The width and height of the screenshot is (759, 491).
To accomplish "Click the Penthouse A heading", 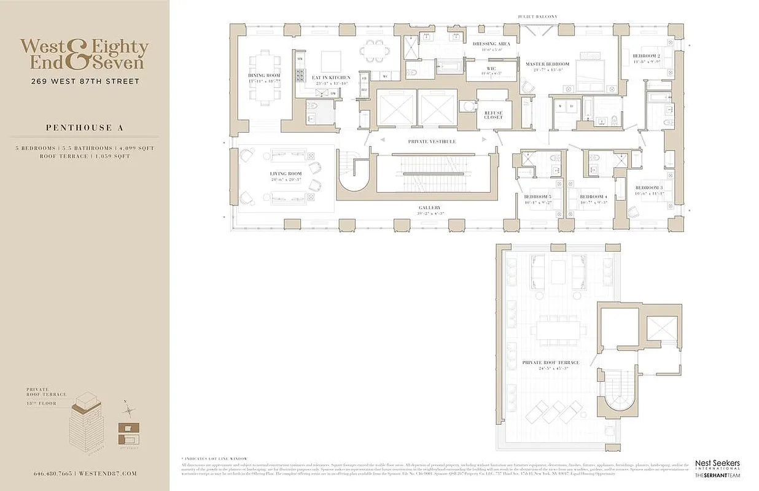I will pos(84,128).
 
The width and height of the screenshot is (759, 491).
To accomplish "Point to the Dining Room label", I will pos(263,75).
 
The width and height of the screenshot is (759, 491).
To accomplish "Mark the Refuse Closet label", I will pos(492,115).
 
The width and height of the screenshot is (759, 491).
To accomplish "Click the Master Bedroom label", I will pos(547,64).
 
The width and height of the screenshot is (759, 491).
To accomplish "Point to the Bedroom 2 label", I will pos(646,56).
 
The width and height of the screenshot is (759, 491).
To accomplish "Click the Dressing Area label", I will pos(488,44).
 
